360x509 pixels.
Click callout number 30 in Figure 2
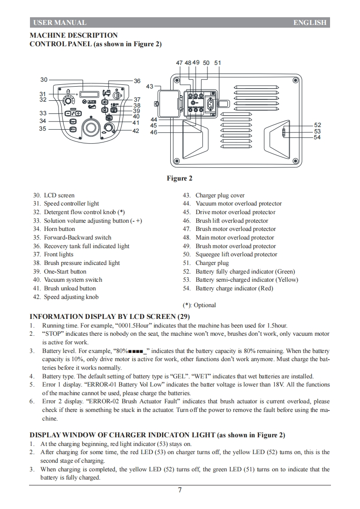[x=44, y=79]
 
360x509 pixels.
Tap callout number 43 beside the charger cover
[x=150, y=86]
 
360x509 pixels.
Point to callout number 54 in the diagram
[x=317, y=137]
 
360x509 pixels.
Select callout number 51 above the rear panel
[x=217, y=63]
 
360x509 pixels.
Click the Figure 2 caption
[x=179, y=178]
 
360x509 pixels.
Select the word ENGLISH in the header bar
[x=310, y=23]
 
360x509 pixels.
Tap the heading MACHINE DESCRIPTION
[x=74, y=35]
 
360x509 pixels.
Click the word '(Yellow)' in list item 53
[x=287, y=279]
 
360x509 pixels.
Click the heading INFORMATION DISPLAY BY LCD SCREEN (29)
[x=109, y=316]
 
